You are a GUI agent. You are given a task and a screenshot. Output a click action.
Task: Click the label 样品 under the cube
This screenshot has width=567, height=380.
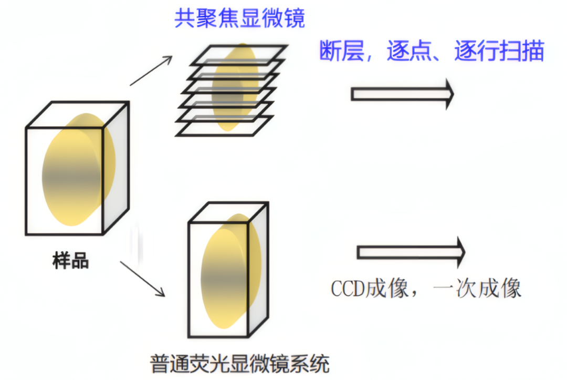click(x=70, y=260)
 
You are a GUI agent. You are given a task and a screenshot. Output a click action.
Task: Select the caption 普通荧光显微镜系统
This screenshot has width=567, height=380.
click(x=240, y=363)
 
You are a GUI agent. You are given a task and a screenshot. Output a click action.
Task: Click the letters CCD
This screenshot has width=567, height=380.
click(x=348, y=289)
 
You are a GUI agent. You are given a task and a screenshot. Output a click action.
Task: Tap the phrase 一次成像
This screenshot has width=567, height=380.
click(x=477, y=289)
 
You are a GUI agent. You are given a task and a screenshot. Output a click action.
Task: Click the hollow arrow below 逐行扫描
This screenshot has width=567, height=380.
click(x=402, y=94)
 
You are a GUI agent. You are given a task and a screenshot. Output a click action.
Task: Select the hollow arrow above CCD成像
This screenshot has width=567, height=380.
click(x=411, y=252)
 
